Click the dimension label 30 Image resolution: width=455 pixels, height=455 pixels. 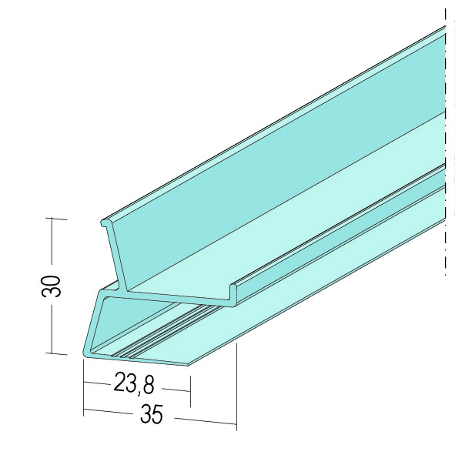[x=52, y=286]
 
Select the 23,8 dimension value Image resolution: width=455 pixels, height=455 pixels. [x=134, y=384]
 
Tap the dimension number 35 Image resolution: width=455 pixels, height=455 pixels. [x=152, y=413]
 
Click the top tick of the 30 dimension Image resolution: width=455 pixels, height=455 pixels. [x=56, y=219]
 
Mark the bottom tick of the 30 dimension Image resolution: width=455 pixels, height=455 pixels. [x=56, y=353]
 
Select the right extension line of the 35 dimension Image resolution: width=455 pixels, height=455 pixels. [x=236, y=386]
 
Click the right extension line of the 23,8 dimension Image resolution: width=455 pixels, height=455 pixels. [x=190, y=391]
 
